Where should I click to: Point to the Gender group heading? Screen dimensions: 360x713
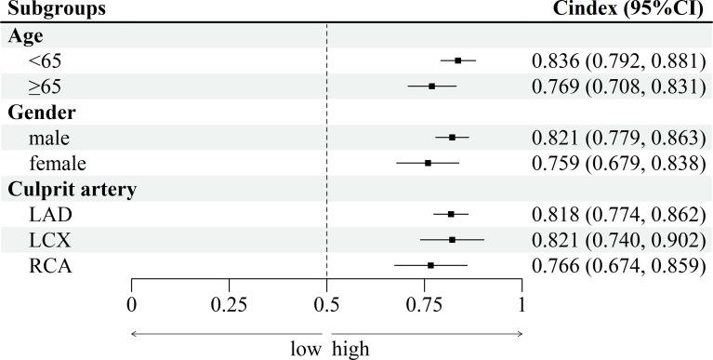click(42, 113)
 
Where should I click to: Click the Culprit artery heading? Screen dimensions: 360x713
click(73, 190)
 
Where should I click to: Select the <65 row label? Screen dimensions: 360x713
click(46, 61)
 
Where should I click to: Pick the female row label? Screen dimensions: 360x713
click(58, 164)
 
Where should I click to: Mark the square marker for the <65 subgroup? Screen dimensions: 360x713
click(458, 60)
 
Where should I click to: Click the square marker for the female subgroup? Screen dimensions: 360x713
click(428, 163)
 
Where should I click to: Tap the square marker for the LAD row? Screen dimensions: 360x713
click(451, 214)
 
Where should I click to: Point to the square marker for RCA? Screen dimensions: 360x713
click(430, 265)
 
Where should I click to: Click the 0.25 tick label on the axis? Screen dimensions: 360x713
click(229, 303)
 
